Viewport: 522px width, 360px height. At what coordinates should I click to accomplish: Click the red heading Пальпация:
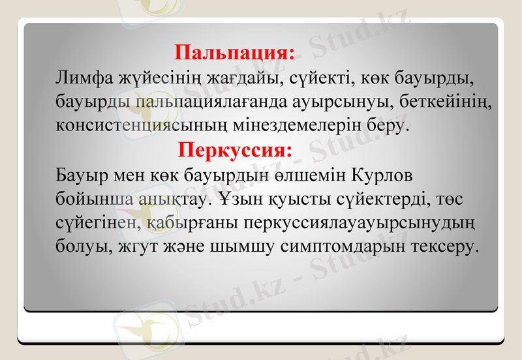click(236, 52)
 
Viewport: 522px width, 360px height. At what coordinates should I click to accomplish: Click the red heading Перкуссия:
click(236, 151)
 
